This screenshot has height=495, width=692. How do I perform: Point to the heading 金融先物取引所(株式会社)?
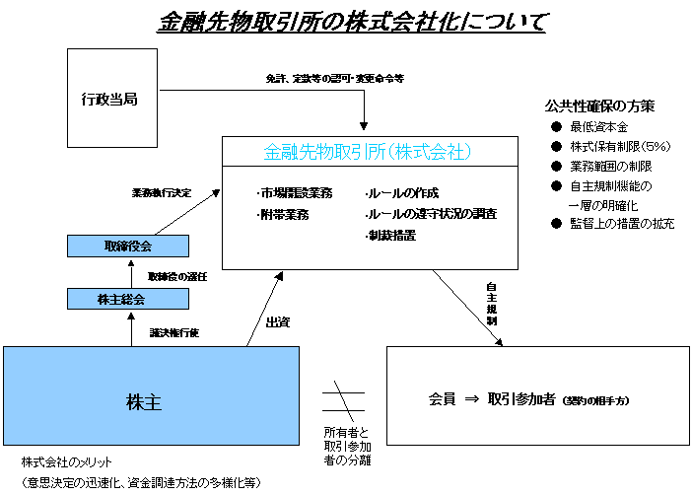[370, 153]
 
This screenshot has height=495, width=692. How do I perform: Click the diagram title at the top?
[351, 22]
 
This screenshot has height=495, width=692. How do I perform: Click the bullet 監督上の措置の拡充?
[622, 224]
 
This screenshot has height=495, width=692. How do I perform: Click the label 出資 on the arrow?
[278, 321]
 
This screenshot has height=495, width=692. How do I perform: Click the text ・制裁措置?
[389, 236]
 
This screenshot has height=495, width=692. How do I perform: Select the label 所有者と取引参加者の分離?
[348, 448]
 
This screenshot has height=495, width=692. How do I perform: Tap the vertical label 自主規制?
[491, 306]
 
